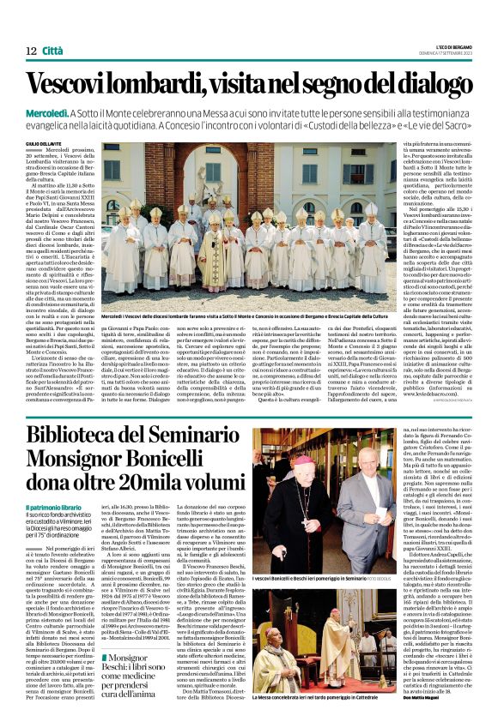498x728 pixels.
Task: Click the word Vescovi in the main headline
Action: click(74, 87)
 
